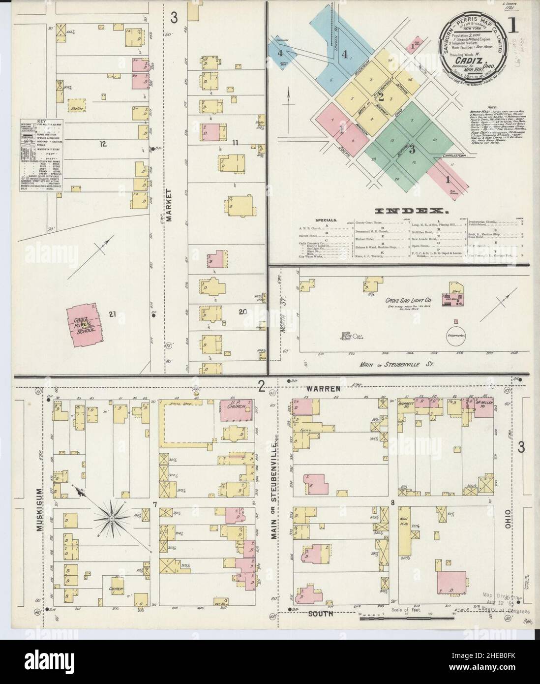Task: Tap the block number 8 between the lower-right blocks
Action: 393,502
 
